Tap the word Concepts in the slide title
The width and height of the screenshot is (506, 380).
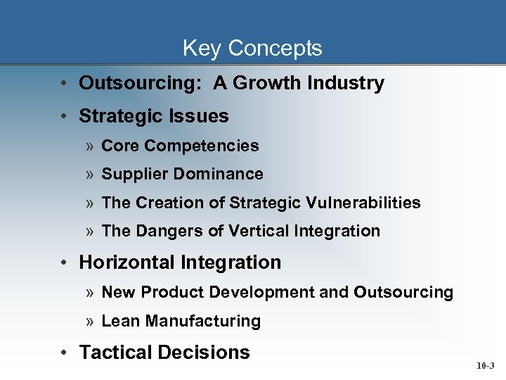coord(275,48)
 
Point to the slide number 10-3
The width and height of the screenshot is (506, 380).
coord(485,366)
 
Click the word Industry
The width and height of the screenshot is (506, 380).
coord(345,83)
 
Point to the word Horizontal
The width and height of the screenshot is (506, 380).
coord(127,262)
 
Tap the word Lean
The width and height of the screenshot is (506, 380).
coord(121,322)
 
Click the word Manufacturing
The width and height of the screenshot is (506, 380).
coord(203,322)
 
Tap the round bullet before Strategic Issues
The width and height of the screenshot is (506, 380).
coord(63,116)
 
